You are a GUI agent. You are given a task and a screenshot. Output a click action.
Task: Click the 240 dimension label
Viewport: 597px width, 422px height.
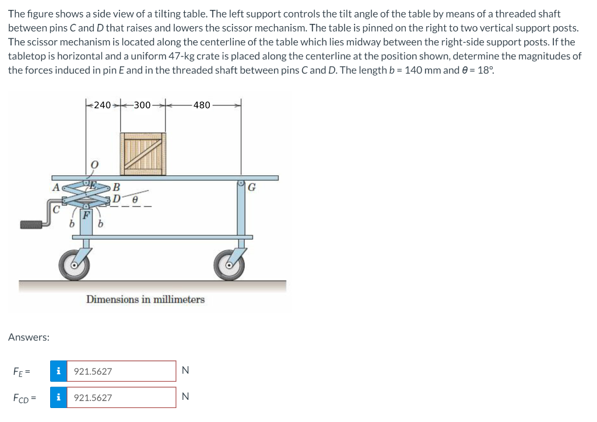click(102, 105)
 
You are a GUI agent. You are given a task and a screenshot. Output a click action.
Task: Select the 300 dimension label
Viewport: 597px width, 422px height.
click(142, 105)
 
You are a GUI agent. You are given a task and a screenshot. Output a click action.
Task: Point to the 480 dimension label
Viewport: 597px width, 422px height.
click(202, 105)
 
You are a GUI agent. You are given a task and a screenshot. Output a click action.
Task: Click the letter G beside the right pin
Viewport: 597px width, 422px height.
click(252, 187)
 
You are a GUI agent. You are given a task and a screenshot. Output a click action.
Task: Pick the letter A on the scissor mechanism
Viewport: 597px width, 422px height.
click(55, 187)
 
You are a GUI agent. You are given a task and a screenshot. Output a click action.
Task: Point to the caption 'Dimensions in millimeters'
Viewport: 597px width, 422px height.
click(145, 299)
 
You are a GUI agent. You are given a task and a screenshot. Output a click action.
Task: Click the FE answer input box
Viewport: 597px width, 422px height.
click(121, 371)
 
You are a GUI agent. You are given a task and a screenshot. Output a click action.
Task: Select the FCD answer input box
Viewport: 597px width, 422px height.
click(121, 398)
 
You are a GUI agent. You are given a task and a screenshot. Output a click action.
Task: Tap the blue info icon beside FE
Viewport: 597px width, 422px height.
click(58, 371)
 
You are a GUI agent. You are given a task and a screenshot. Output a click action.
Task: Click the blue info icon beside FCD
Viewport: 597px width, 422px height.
click(58, 398)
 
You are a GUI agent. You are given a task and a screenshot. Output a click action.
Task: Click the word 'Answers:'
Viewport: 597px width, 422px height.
click(29, 337)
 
